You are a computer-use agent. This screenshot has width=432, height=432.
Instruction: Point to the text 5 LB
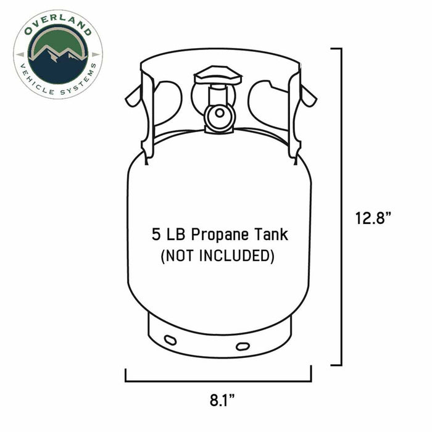[x=170, y=235]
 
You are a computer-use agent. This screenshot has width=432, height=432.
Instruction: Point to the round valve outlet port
[x=217, y=115]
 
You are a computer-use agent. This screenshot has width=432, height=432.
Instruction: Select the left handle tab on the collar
[x=133, y=96]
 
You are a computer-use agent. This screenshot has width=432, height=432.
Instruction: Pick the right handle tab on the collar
[x=305, y=96]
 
